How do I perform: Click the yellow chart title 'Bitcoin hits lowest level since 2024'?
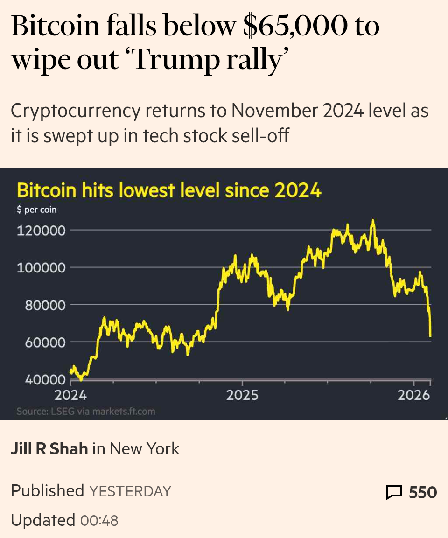click(169, 191)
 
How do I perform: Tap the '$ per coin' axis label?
click(36, 210)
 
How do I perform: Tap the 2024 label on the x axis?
click(70, 396)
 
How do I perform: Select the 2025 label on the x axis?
click(242, 396)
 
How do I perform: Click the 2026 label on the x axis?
click(413, 396)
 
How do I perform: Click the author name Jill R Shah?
click(49, 449)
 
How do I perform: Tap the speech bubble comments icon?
click(394, 492)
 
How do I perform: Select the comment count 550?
click(423, 492)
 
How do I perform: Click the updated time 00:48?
click(99, 520)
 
